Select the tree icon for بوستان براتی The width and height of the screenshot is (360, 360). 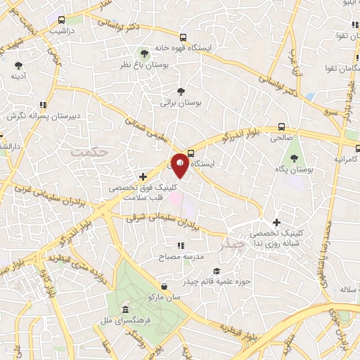pos(181,91)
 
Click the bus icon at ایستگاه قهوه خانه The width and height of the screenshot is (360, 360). pos(184,37)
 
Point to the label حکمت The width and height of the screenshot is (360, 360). pos(91,151)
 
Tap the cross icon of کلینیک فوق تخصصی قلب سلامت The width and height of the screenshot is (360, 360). pos(143,176)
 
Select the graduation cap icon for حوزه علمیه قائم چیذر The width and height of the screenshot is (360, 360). pos(216,271)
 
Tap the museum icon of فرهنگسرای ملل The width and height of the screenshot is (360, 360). pos(125,310)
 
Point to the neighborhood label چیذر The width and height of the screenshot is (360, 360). pos(233,244)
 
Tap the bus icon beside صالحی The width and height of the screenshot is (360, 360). pos(282,127)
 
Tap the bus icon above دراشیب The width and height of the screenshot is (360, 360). pos(62,20)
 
